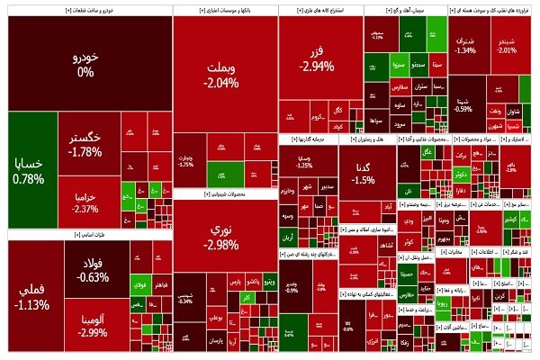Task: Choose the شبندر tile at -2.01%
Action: point(508,45)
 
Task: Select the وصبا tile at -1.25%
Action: point(304,161)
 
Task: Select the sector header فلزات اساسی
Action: point(65,234)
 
